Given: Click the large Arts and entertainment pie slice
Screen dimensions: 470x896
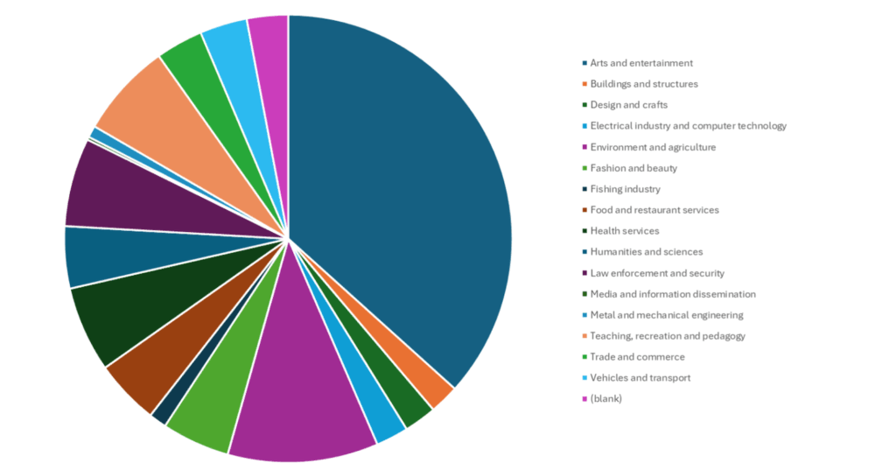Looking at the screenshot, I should click(402, 193).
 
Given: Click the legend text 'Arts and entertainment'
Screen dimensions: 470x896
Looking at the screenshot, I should click(641, 63).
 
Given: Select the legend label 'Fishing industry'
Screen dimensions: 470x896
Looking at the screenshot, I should click(625, 189).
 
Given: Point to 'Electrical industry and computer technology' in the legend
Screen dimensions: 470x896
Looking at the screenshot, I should click(688, 126).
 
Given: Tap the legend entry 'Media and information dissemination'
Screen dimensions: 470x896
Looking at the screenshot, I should click(672, 294).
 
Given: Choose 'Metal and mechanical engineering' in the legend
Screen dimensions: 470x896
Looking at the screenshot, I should click(666, 315).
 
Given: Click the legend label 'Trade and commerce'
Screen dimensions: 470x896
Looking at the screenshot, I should click(637, 357).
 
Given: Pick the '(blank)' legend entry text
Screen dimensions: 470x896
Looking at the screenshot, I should click(605, 399).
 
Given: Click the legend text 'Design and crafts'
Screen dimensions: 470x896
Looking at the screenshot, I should click(628, 105).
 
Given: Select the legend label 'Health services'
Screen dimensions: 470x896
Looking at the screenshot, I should click(624, 231).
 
